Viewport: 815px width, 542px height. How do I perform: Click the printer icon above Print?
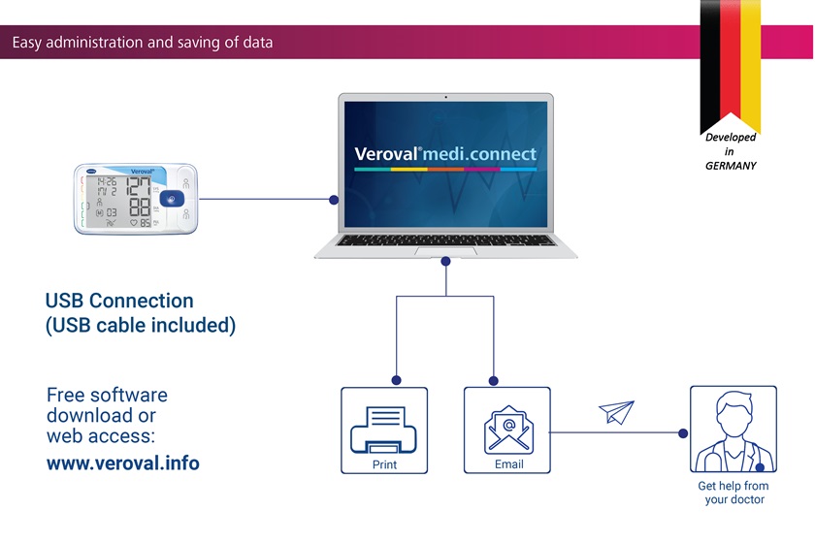tap(383, 428)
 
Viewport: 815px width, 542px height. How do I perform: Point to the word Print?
tap(384, 465)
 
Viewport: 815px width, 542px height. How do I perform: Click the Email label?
tap(508, 464)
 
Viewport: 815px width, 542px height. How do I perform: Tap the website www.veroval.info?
tap(123, 463)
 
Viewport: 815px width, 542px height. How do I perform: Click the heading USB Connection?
tap(119, 302)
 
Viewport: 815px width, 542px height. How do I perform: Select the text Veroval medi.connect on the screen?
tap(445, 154)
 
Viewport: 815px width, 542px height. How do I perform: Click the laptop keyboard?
tap(445, 238)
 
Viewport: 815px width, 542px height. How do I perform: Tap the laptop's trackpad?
tap(445, 252)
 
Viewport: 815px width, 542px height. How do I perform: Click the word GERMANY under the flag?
tap(731, 166)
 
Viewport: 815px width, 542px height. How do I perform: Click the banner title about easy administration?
tap(143, 43)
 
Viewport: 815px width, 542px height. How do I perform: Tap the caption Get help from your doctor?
tap(733, 493)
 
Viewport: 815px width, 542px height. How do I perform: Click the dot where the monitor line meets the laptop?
tap(334, 201)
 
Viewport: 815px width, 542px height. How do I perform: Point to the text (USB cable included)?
tap(141, 326)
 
